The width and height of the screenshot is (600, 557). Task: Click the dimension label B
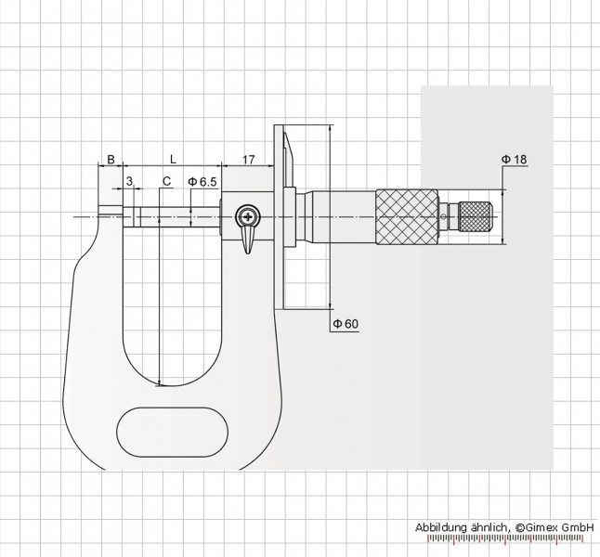111,159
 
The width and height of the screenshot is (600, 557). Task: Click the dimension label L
174,159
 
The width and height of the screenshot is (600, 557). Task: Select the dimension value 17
248,159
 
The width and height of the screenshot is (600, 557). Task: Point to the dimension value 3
129,181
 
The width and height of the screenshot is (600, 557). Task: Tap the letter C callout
166,181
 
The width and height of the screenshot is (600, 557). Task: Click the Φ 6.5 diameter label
202,182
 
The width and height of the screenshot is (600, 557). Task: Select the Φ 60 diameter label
346,324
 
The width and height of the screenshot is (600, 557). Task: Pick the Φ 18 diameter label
514,159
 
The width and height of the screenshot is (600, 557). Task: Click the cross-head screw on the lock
248,217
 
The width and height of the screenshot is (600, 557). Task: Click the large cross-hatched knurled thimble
407,217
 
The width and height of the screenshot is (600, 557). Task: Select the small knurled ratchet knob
476,216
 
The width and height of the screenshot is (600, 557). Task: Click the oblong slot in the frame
172,432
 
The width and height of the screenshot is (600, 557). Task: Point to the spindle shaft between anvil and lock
180,217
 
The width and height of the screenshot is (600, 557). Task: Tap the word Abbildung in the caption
441,528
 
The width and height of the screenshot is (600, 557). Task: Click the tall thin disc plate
279,217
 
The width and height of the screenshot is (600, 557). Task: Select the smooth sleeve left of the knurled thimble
343,217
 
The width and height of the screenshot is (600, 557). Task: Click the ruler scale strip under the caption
505,539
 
